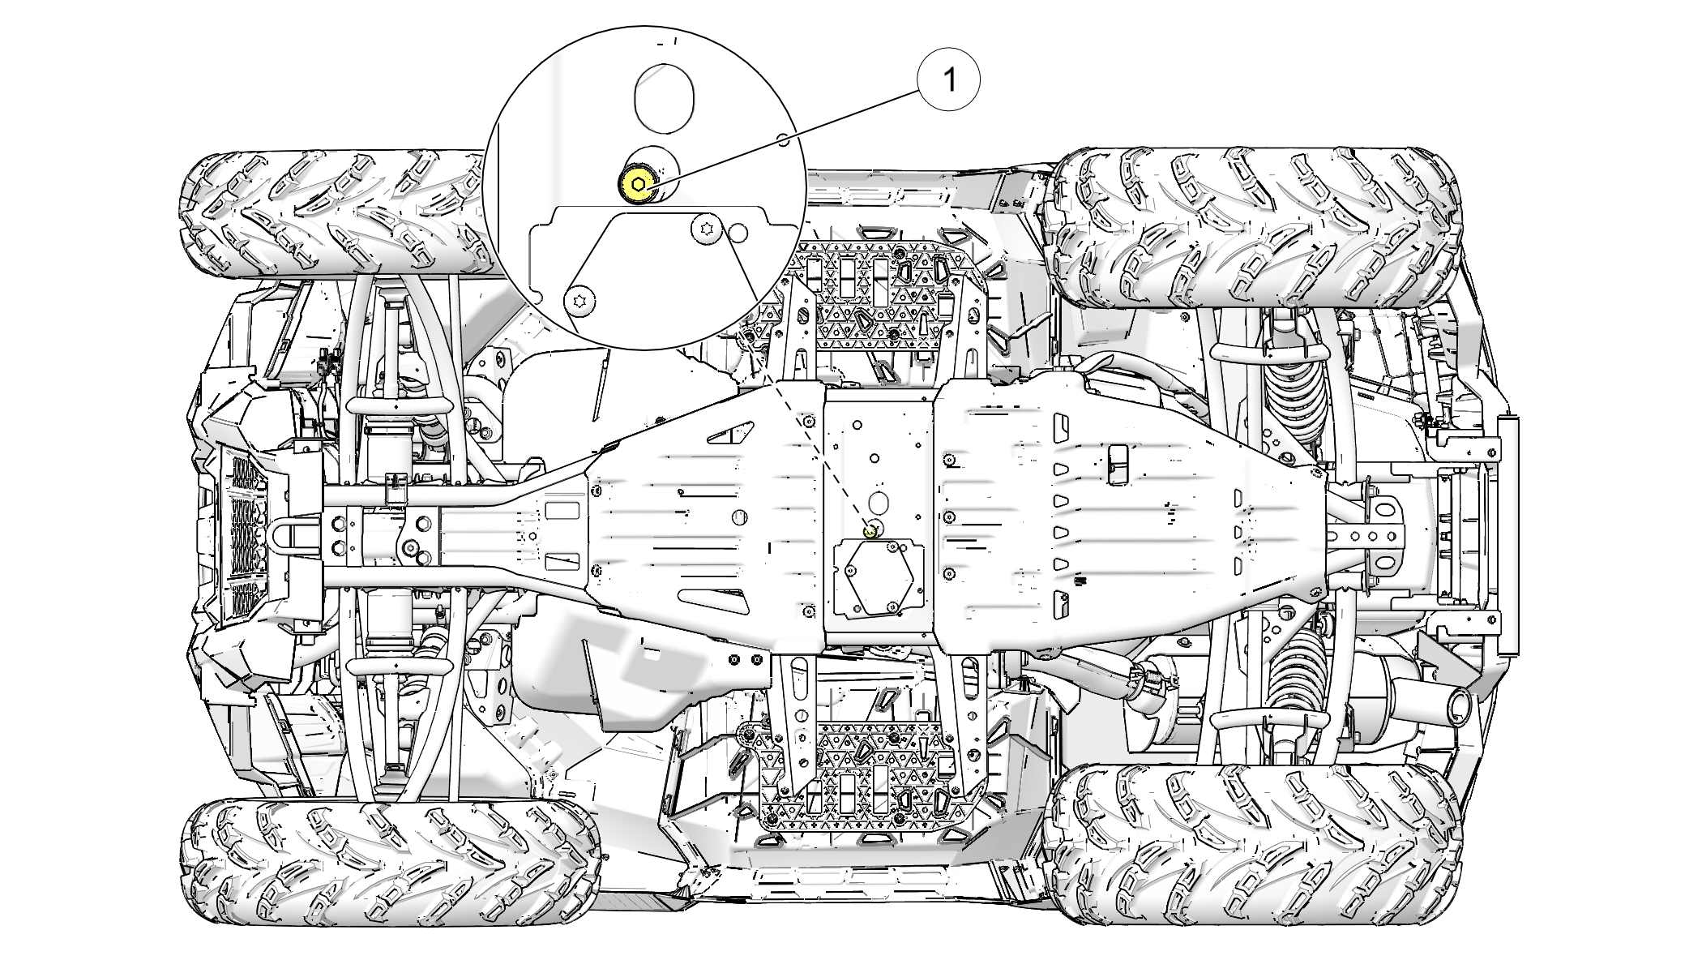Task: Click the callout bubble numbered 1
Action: pyautogui.click(x=948, y=79)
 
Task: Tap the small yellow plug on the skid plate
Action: pyautogui.click(x=870, y=532)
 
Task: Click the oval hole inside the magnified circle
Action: pyautogui.click(x=664, y=97)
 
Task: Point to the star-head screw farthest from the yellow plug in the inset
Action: pyautogui.click(x=580, y=301)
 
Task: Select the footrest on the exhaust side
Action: pyautogui.click(x=871, y=770)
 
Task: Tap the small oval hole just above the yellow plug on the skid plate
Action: pyautogui.click(x=877, y=498)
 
